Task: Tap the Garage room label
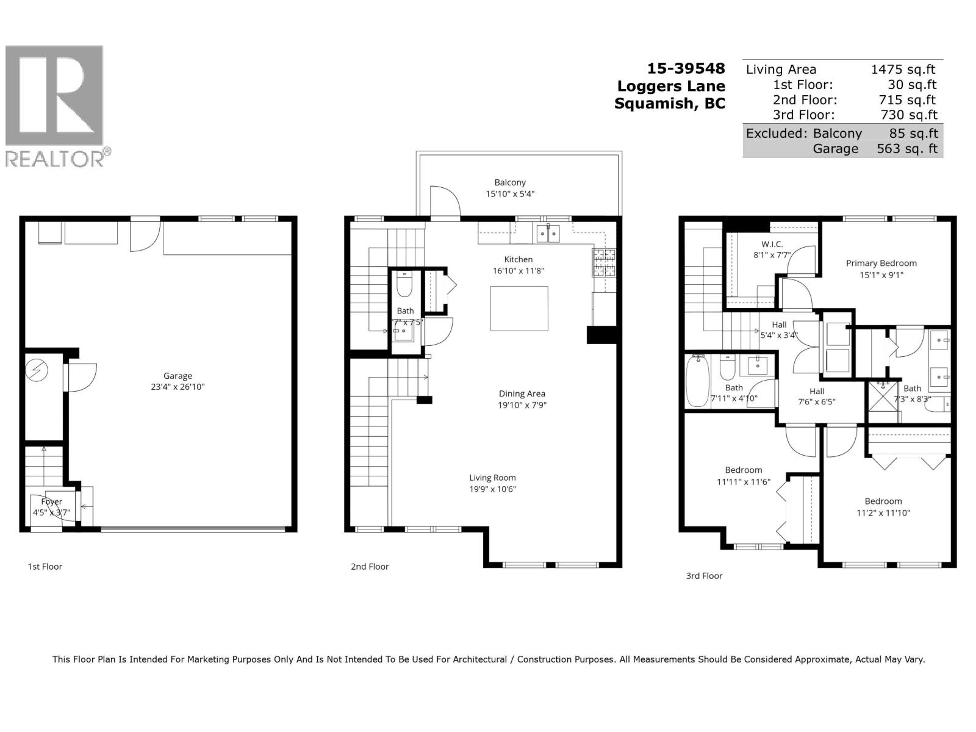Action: coord(178,376)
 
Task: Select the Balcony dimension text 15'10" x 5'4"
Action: coord(509,194)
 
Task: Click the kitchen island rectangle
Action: coord(518,309)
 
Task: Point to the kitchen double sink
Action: coord(547,234)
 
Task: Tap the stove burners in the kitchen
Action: coord(603,262)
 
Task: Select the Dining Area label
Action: coord(522,393)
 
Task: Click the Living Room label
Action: coord(492,478)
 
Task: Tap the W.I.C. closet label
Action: coord(772,244)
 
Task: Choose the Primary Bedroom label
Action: coord(881,263)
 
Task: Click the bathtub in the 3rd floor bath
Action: coord(697,381)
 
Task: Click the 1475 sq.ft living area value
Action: coord(903,70)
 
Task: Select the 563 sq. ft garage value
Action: coord(906,148)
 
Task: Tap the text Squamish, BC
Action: coord(670,103)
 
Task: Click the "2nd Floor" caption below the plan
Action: coord(370,566)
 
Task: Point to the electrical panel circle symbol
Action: coord(37,370)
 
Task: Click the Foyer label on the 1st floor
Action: coord(52,501)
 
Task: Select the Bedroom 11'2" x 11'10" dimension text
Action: coord(883,513)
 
